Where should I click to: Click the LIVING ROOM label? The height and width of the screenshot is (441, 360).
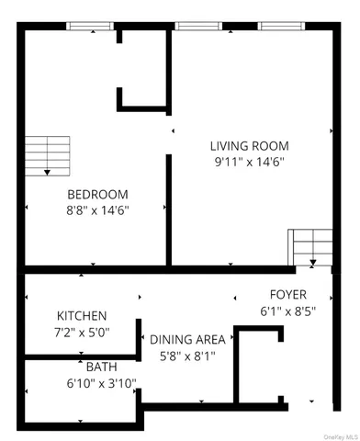[x=249, y=145]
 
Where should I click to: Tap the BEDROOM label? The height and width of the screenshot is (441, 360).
[x=97, y=194]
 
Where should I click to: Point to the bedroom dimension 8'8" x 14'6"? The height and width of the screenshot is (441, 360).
[x=97, y=210]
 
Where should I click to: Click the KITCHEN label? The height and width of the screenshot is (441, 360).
[x=82, y=315]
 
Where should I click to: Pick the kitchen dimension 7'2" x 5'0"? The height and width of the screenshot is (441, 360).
[x=82, y=332]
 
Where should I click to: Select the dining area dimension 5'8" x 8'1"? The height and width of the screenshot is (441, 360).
[x=187, y=355]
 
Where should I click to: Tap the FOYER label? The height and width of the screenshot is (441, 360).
[x=287, y=294]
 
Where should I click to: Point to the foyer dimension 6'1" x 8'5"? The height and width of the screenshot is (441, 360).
[x=287, y=311]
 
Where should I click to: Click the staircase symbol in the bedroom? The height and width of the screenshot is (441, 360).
[x=46, y=153]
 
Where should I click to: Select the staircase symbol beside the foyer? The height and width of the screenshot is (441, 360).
[x=312, y=246]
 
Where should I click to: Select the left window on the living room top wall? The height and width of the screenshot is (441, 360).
[x=192, y=28]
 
